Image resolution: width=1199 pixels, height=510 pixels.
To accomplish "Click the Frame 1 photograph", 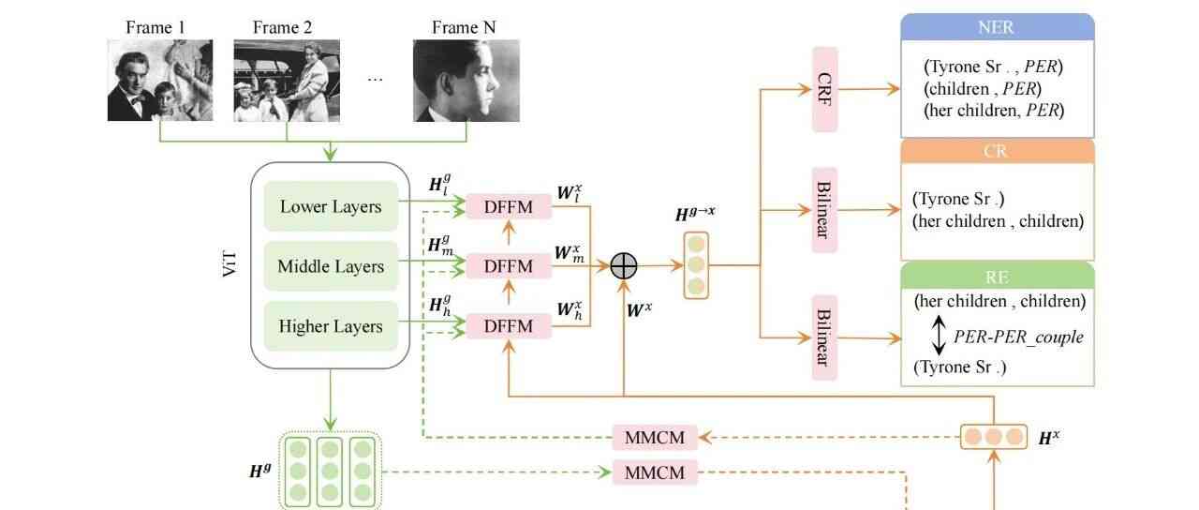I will click(159, 80).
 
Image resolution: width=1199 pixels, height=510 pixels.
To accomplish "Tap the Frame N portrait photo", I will click(466, 80).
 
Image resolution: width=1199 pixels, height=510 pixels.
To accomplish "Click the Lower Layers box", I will click(331, 206).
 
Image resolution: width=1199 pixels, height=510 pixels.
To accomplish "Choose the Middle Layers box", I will click(331, 266).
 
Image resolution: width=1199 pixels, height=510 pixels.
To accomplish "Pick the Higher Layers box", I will click(331, 326).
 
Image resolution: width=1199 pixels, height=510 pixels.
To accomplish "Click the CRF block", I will click(824, 89).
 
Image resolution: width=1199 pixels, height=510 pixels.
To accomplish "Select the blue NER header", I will click(997, 26).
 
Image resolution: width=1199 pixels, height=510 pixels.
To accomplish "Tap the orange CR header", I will click(997, 152).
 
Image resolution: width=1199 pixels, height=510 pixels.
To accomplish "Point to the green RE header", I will click(997, 276).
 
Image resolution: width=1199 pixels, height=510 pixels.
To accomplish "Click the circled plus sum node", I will click(624, 266).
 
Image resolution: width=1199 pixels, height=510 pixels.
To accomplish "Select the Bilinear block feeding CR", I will click(824, 210).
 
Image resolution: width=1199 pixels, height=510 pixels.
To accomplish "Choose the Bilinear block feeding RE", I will click(824, 337).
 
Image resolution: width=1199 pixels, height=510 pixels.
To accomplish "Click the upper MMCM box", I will click(655, 437).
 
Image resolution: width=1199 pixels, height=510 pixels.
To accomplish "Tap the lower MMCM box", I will click(655, 472).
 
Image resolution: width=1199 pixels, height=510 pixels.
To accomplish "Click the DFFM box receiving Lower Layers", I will click(508, 206).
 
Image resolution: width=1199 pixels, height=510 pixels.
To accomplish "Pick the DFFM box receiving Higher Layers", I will click(508, 326).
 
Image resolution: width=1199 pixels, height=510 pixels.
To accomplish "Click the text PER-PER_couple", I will click(1018, 336).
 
